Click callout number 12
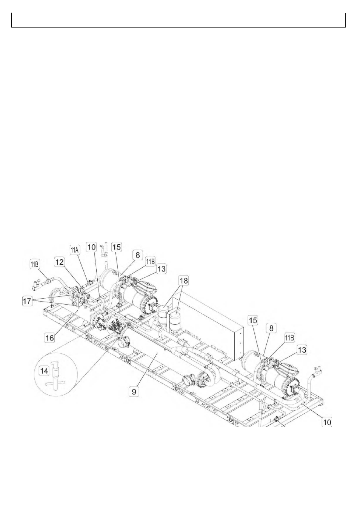coord(59,262)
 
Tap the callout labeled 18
coord(184,281)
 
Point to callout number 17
coord(27,301)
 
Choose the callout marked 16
coord(49,337)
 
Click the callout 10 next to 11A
coord(92,247)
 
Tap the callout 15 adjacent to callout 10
coord(116,247)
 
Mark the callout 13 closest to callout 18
coord(161,269)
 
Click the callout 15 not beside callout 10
coord(253,320)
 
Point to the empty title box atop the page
coord(178,20)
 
